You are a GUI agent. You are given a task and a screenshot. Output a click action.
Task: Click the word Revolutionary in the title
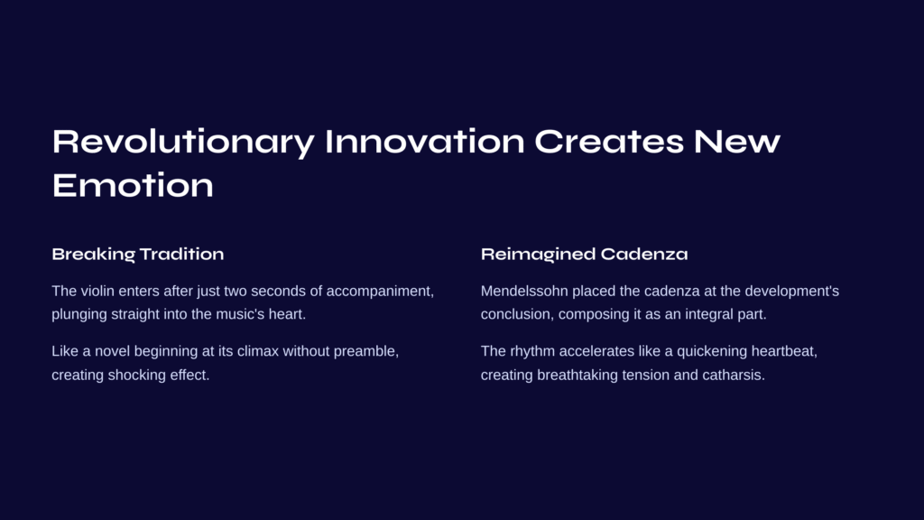183,143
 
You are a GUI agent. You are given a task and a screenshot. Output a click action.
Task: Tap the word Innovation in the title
424,142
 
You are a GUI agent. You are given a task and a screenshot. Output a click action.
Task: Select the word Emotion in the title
133,185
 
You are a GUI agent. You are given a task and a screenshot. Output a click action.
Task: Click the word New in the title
736,142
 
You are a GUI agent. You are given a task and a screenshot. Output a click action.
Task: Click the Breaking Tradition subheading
138,254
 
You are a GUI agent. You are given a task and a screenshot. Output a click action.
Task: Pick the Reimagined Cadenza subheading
584,254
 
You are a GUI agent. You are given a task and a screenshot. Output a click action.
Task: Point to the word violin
97,292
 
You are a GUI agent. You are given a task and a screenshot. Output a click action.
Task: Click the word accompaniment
380,292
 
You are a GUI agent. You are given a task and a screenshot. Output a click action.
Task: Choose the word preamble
366,352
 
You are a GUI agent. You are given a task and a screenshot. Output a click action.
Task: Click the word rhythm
532,352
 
